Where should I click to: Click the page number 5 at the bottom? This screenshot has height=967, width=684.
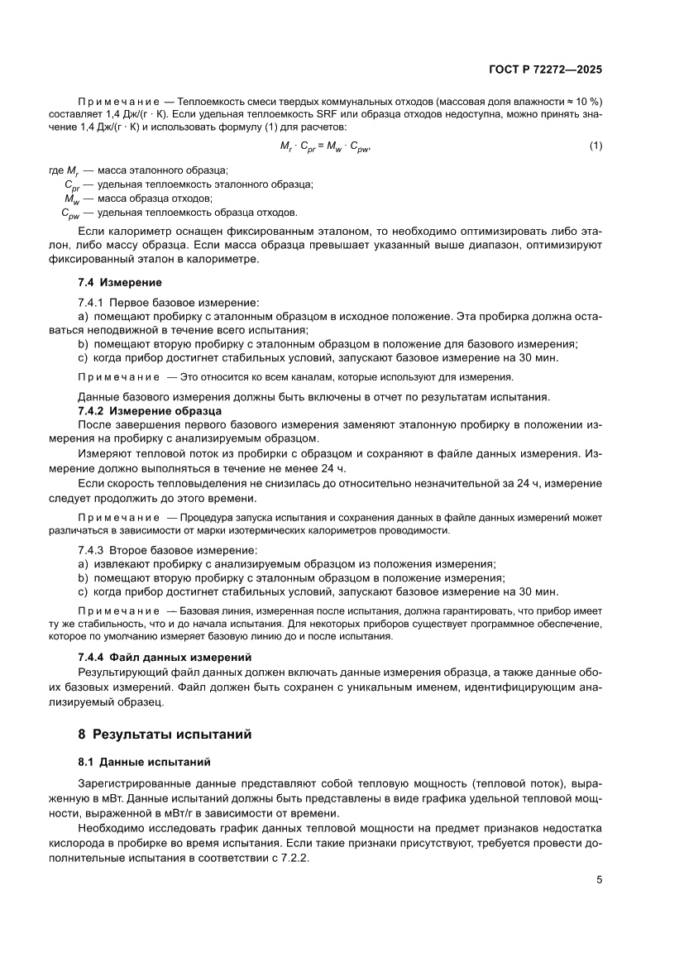[600, 879]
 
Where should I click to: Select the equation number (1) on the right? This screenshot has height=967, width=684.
[596, 146]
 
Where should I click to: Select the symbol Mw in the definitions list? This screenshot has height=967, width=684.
[72, 199]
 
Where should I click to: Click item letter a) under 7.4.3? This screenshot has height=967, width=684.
[82, 563]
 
